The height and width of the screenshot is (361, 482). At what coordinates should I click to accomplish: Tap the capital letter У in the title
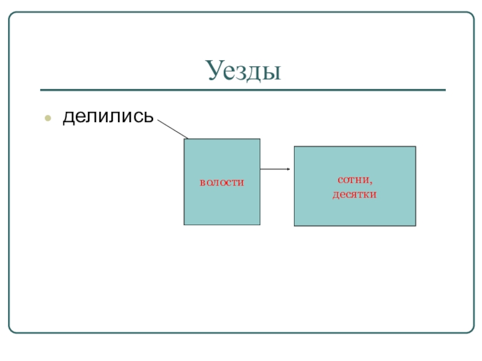coord(213,72)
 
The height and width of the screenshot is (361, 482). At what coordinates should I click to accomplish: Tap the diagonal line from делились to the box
coord(172,128)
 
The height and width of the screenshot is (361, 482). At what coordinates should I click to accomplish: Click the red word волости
coord(222,182)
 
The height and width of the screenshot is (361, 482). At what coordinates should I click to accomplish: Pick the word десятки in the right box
coord(354,194)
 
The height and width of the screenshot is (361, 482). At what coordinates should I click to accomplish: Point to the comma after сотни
coord(371,182)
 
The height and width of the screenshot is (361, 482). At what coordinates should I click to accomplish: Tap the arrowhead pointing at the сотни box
coord(289,169)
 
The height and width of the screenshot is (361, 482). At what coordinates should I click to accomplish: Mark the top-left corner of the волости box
coord(184,140)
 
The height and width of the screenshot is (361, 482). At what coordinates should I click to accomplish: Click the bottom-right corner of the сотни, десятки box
coord(415,226)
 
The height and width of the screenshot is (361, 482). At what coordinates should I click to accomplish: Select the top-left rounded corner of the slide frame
coord(12,16)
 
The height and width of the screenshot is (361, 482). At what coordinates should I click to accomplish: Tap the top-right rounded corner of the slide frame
coord(471,16)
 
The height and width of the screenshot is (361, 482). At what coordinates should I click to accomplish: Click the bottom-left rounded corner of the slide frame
coord(12,329)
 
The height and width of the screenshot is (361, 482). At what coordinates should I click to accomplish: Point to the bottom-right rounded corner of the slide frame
coord(471,329)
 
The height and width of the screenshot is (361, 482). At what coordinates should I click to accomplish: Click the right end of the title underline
coord(445,90)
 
